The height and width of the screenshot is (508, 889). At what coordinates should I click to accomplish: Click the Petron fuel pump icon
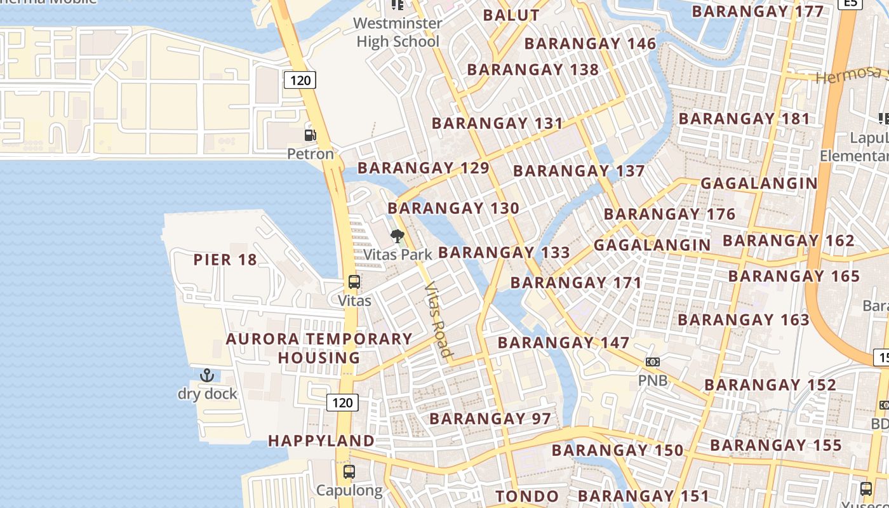coord(310,135)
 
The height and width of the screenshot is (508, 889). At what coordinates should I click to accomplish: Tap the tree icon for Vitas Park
coord(398,237)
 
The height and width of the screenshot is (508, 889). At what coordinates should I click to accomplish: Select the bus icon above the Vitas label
coord(354,282)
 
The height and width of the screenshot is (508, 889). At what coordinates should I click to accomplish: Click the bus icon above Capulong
coord(349,472)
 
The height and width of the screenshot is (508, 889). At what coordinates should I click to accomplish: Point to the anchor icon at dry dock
coord(207,375)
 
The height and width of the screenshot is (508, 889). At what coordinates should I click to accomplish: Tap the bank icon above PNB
coord(652,362)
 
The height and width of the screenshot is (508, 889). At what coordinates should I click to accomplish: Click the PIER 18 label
coord(225,260)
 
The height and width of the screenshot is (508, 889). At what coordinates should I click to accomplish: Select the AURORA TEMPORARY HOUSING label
coord(319,349)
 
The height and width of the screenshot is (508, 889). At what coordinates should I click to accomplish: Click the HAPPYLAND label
coord(321,441)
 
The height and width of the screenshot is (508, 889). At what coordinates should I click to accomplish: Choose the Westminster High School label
coord(398,33)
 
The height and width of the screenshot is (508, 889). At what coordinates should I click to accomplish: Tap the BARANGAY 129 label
coord(424,168)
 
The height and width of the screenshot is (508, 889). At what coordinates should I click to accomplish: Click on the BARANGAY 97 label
coord(490,419)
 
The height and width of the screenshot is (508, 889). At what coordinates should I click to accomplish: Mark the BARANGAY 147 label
coord(564,343)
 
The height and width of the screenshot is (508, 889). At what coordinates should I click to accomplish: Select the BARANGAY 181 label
coord(745,119)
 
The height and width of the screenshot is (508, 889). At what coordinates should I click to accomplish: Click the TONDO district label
coord(527,496)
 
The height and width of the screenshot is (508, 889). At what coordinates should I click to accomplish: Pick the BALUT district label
coord(511,16)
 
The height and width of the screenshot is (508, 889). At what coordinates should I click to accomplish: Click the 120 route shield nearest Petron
coord(300,80)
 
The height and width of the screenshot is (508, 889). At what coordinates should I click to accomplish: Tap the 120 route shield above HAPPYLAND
coord(342,403)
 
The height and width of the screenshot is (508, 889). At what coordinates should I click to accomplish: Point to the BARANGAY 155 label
coord(776,446)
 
